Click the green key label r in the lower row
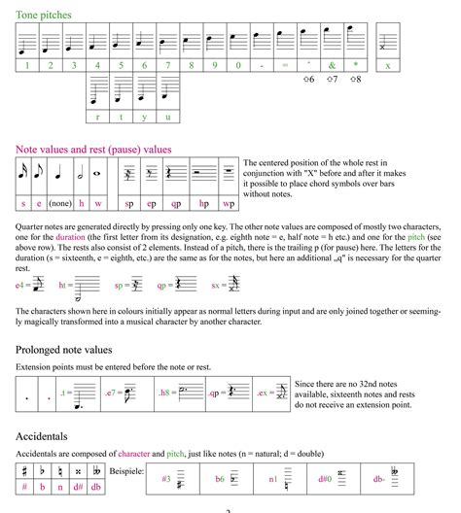coord(97,118)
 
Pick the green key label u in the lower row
coord(167,118)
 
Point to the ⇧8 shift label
coord(353,79)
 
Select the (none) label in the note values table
coord(60,204)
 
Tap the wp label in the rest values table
coord(228,204)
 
